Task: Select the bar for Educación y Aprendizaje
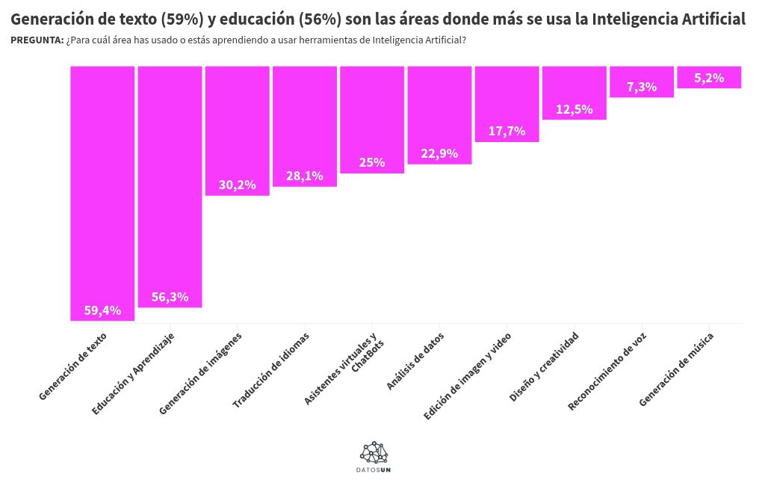click(170, 186)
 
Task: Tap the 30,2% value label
click(237, 185)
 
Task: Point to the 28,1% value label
click(305, 176)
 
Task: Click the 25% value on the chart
click(372, 162)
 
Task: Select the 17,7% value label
click(507, 131)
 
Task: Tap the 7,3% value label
click(642, 87)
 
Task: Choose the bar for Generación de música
click(709, 77)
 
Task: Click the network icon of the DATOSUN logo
click(374, 452)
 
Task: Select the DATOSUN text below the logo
click(374, 470)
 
